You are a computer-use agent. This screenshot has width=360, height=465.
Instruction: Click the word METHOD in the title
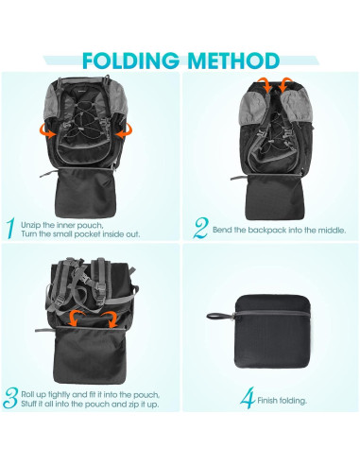click(237, 60)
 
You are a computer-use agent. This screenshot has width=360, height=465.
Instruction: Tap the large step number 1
click(10, 228)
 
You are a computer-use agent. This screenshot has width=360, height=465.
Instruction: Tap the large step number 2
click(199, 228)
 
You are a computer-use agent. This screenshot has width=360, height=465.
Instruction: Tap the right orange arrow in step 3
click(110, 317)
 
